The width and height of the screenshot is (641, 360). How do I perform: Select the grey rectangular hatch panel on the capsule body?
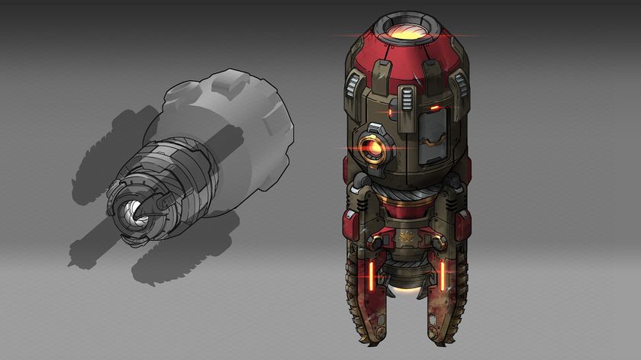click(x=433, y=141)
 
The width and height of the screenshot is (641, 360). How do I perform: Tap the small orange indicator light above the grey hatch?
click(x=434, y=108)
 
